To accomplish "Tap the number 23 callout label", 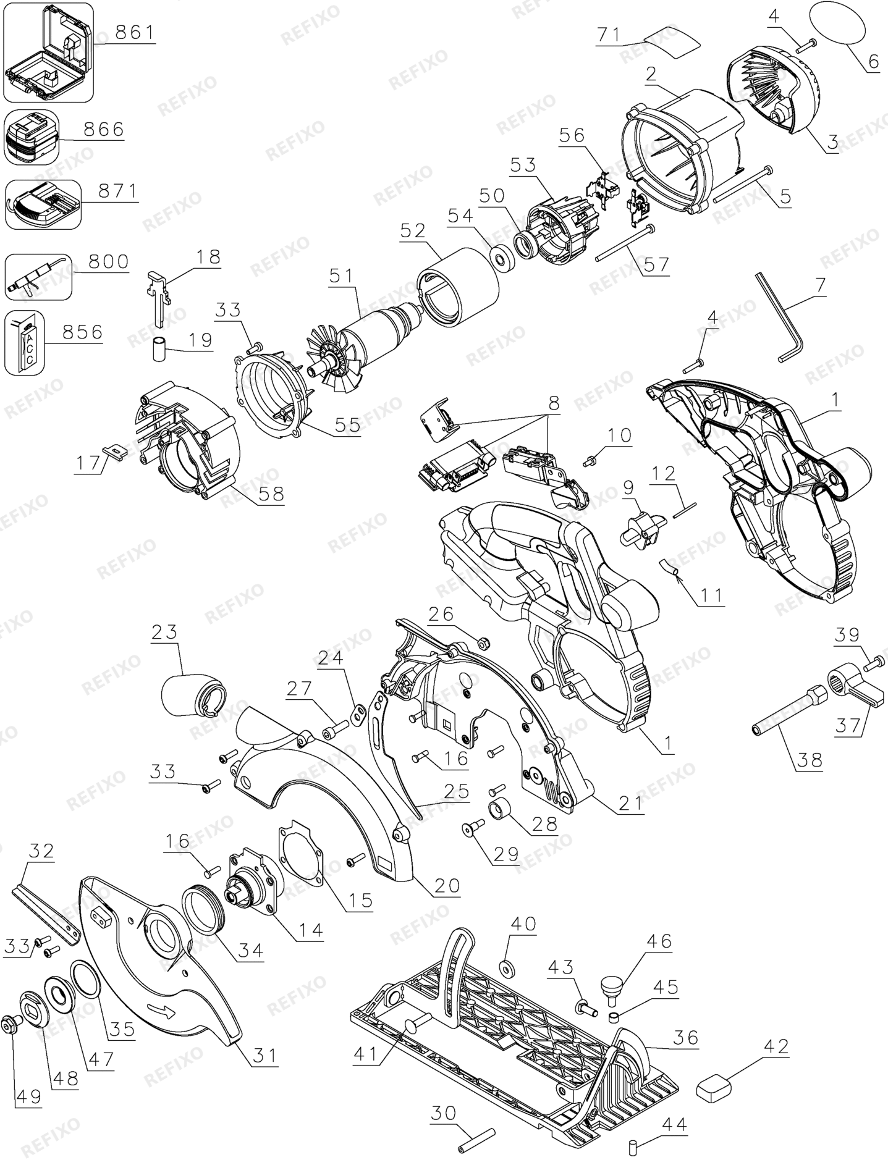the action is pos(164,633).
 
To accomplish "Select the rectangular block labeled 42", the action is pos(714,1087).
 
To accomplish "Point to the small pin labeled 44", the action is pos(633,1147).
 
